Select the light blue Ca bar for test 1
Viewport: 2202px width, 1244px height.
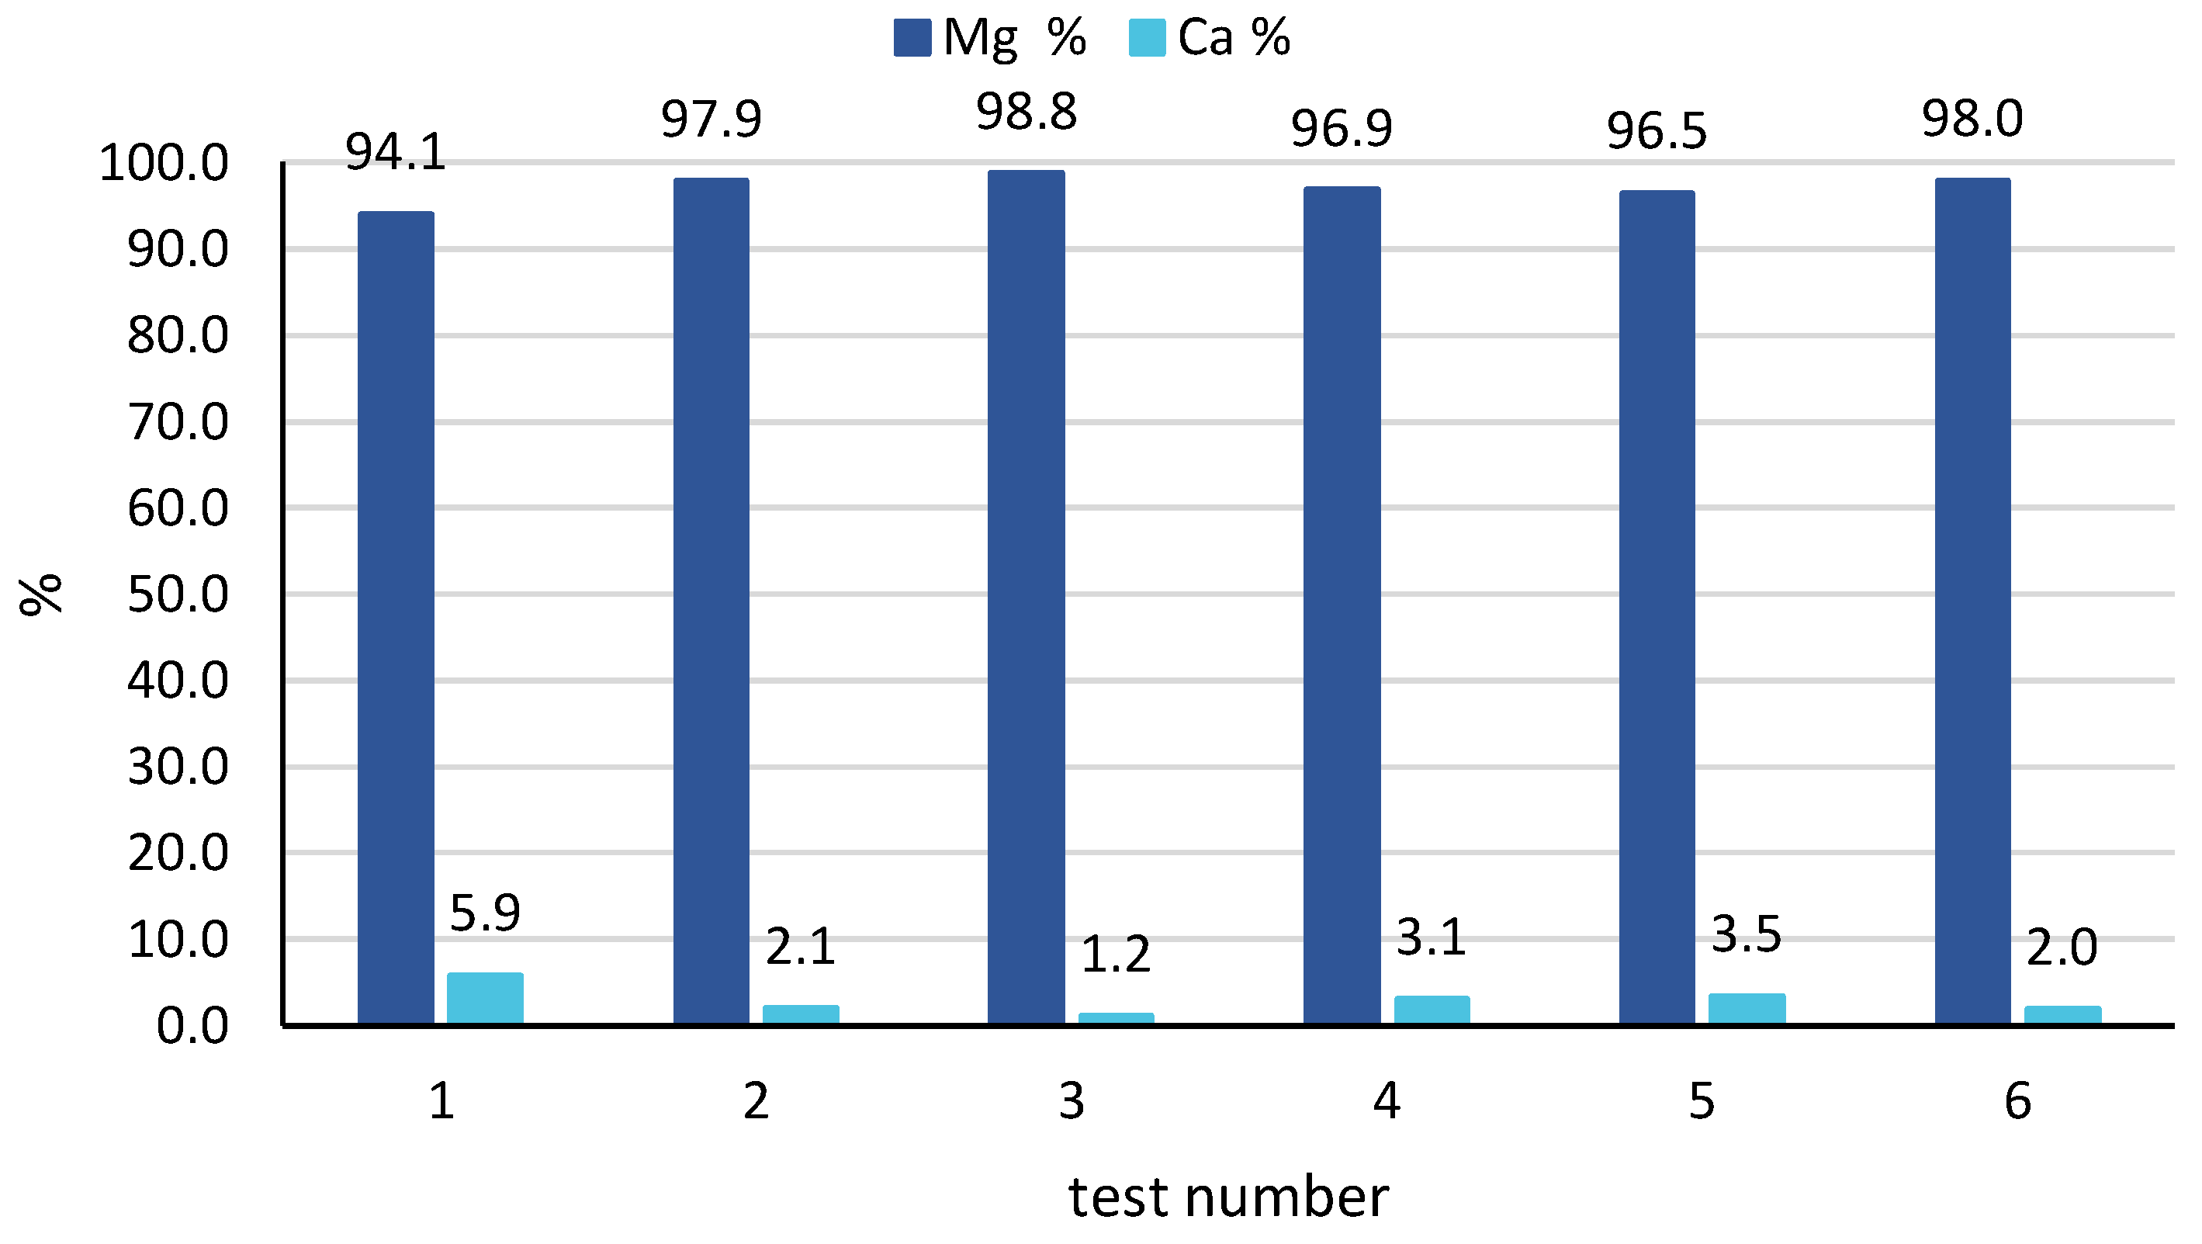click(485, 998)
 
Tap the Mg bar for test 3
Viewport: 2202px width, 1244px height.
click(1026, 596)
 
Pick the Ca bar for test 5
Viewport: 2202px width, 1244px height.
click(1747, 1008)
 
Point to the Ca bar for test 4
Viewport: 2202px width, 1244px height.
click(1432, 1010)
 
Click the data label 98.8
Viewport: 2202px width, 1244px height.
click(1027, 113)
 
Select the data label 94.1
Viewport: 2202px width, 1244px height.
click(396, 153)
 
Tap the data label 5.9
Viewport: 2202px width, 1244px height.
click(485, 913)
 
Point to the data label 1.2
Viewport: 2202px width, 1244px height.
click(1116, 955)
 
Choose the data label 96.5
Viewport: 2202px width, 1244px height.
click(1657, 132)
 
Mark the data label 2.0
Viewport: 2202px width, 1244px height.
click(2062, 948)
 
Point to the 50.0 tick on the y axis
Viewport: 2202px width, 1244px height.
click(178, 594)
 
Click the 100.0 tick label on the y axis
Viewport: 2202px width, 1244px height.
click(164, 162)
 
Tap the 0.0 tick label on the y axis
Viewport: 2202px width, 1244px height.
click(192, 1026)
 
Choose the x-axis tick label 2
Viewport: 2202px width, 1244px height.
click(756, 1101)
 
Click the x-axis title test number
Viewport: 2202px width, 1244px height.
click(1228, 1197)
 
